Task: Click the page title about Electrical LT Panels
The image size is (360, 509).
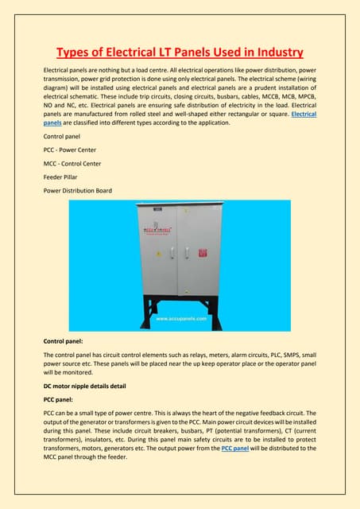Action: (180, 53)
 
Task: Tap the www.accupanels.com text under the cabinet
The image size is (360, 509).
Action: (180, 317)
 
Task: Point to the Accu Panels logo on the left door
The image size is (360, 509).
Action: (159, 231)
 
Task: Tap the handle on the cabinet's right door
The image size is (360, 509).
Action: (185, 253)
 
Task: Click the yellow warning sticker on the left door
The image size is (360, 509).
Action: (159, 255)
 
